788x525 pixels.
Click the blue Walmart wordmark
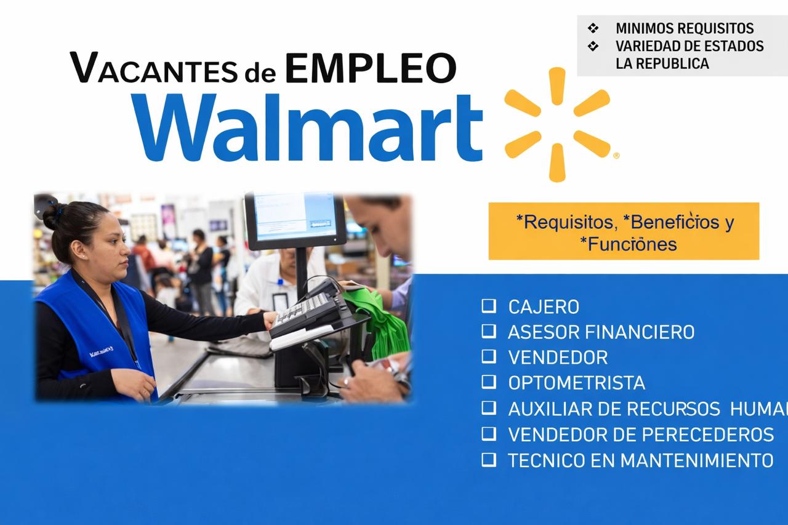307,127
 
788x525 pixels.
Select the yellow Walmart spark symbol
557,124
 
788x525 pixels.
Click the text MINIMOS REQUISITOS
685,28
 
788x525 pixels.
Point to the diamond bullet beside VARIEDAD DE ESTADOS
593,46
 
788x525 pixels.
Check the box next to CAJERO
489,305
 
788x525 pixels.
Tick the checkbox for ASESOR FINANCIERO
489,331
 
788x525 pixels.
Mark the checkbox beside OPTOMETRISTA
489,382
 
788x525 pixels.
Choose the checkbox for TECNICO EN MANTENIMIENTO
489,459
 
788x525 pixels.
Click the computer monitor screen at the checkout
295,217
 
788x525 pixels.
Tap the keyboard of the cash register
302,310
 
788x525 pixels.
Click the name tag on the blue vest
101,353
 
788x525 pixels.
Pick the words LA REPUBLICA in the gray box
662,63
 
